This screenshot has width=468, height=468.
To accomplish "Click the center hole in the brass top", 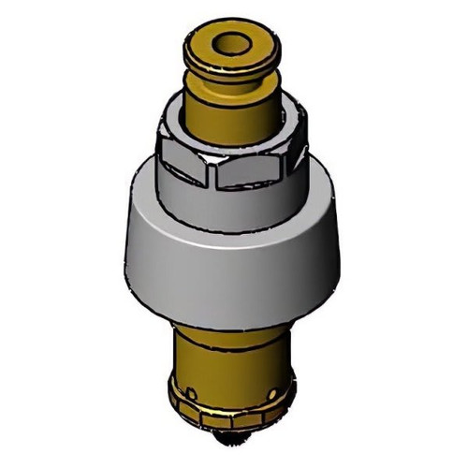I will (x=230, y=43).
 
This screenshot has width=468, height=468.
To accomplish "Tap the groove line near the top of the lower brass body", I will (x=229, y=329).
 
